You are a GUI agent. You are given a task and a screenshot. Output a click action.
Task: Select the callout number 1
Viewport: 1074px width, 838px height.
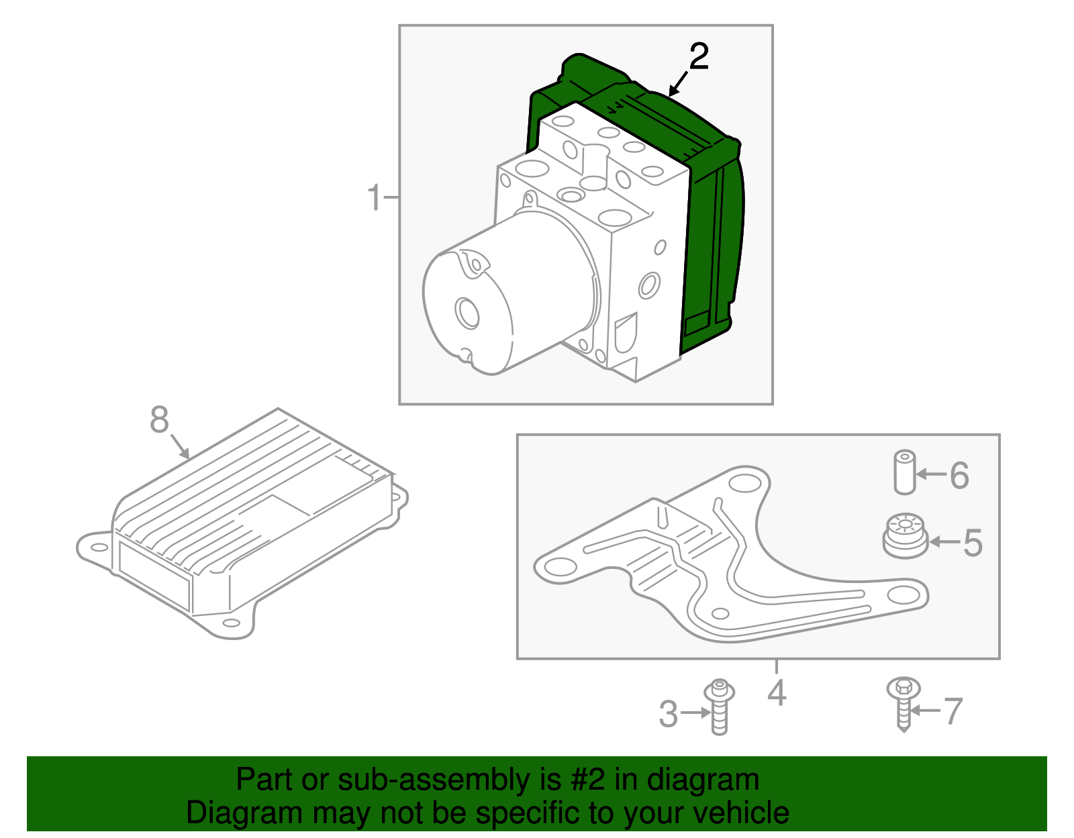(374, 197)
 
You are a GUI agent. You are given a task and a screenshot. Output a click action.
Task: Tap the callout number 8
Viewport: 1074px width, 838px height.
(159, 420)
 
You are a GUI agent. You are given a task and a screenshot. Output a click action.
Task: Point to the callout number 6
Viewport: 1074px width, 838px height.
(959, 476)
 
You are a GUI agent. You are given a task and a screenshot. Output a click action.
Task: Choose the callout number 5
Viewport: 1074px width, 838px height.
(973, 543)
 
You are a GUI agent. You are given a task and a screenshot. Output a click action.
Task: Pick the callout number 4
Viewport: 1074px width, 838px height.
(777, 693)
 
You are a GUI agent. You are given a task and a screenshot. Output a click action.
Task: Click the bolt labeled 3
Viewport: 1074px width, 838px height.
(720, 706)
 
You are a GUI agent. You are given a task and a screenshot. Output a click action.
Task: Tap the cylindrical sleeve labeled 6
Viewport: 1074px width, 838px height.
(904, 472)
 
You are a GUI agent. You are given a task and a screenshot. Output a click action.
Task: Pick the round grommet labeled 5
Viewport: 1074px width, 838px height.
(906, 536)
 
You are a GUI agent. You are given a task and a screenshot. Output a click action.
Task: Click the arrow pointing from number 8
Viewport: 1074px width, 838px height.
(179, 446)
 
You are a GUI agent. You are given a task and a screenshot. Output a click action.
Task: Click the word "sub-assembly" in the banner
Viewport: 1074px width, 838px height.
(449, 780)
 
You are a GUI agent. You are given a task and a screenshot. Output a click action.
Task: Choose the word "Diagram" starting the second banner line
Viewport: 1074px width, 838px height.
(244, 813)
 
